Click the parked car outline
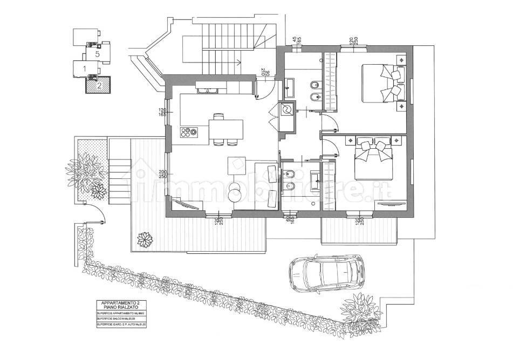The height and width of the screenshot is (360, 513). point(326,273)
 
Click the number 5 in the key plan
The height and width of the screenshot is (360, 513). point(98,54)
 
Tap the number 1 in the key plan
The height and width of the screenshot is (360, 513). point(84,68)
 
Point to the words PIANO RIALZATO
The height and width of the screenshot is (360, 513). point(115,308)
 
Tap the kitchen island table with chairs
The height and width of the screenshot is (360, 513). point(225,129)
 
